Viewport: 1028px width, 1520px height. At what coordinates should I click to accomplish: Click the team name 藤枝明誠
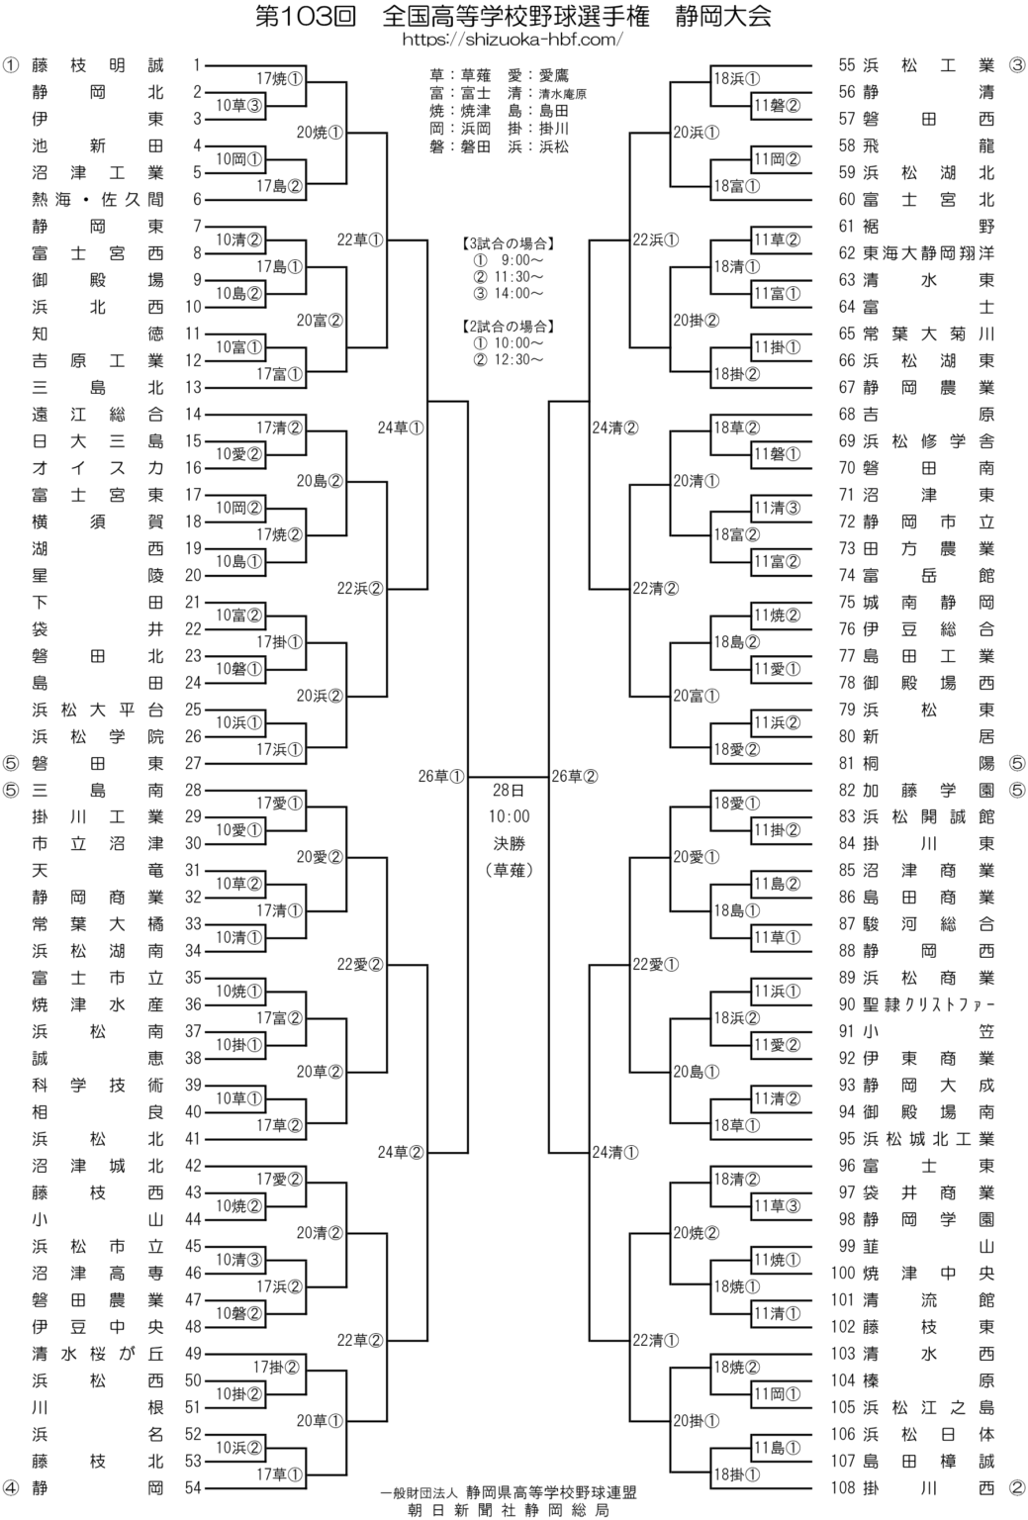tap(97, 65)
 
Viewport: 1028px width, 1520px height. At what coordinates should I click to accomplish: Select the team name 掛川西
tap(928, 1486)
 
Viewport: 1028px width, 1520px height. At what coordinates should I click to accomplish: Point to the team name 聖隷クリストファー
tap(928, 1004)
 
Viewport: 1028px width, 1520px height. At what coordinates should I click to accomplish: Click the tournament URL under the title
tap(513, 40)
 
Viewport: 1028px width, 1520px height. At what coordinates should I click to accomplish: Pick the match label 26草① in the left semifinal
tap(441, 776)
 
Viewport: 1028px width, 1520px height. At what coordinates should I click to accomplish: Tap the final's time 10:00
tap(510, 816)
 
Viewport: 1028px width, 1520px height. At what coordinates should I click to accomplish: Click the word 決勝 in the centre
tap(510, 843)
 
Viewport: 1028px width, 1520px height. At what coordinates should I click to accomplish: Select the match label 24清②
tap(614, 428)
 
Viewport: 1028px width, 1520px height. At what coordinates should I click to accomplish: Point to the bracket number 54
tap(192, 1486)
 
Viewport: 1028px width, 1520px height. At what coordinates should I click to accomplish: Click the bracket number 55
tap(847, 65)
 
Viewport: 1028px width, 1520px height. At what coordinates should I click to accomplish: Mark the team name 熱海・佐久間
tap(97, 199)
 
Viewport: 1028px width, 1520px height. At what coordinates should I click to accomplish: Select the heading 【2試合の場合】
tap(509, 325)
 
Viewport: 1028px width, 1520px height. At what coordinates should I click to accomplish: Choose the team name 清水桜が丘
tap(97, 1353)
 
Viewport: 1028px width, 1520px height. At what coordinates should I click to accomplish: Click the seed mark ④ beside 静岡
tap(11, 1486)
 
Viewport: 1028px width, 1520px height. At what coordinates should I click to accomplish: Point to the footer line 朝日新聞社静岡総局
tap(509, 1510)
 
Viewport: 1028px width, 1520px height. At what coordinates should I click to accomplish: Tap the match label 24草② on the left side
tap(401, 1152)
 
